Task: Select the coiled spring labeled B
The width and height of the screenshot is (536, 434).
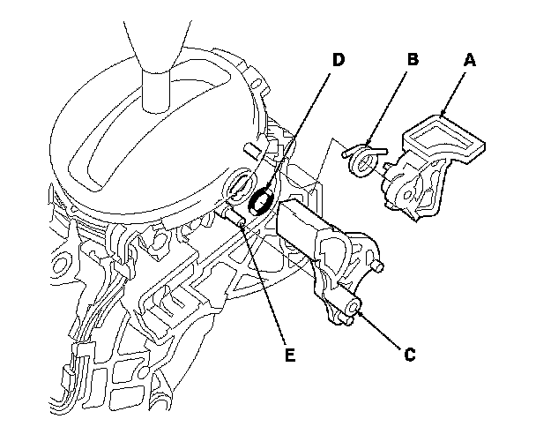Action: point(363,160)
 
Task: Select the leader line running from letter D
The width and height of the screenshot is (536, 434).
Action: point(299,132)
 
